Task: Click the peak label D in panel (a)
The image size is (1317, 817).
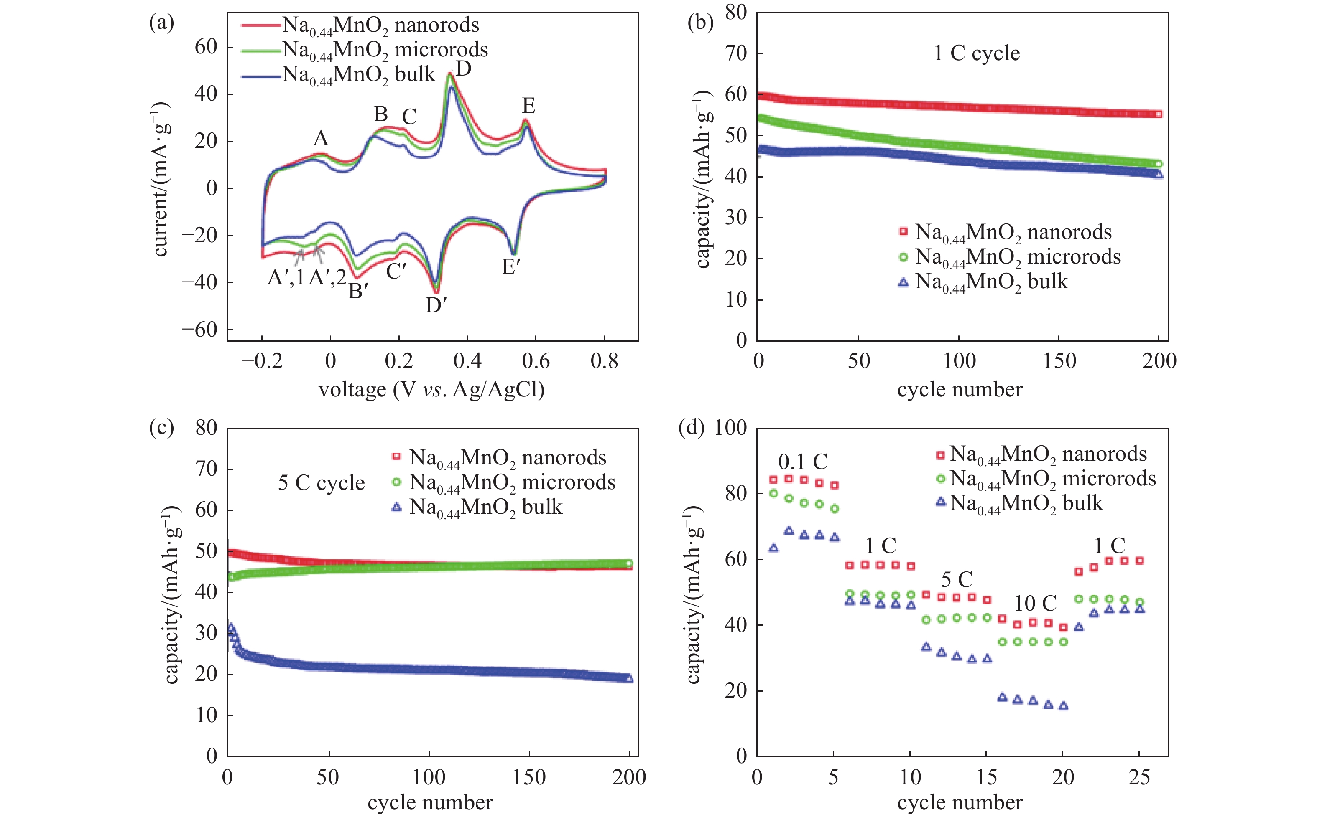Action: click(x=464, y=70)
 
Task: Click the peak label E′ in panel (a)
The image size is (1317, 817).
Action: click(x=510, y=267)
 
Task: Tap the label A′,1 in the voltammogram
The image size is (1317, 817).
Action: click(x=286, y=278)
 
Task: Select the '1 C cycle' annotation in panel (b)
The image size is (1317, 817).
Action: click(x=977, y=53)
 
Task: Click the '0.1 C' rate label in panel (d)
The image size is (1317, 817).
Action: click(x=803, y=462)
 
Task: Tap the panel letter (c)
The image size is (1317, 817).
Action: click(x=161, y=428)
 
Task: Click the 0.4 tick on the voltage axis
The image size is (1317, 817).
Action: click(x=467, y=361)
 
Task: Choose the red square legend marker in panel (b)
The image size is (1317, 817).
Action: click(x=903, y=232)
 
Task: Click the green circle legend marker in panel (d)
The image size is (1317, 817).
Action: click(x=941, y=479)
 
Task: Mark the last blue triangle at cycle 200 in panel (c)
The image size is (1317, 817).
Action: click(x=629, y=678)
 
